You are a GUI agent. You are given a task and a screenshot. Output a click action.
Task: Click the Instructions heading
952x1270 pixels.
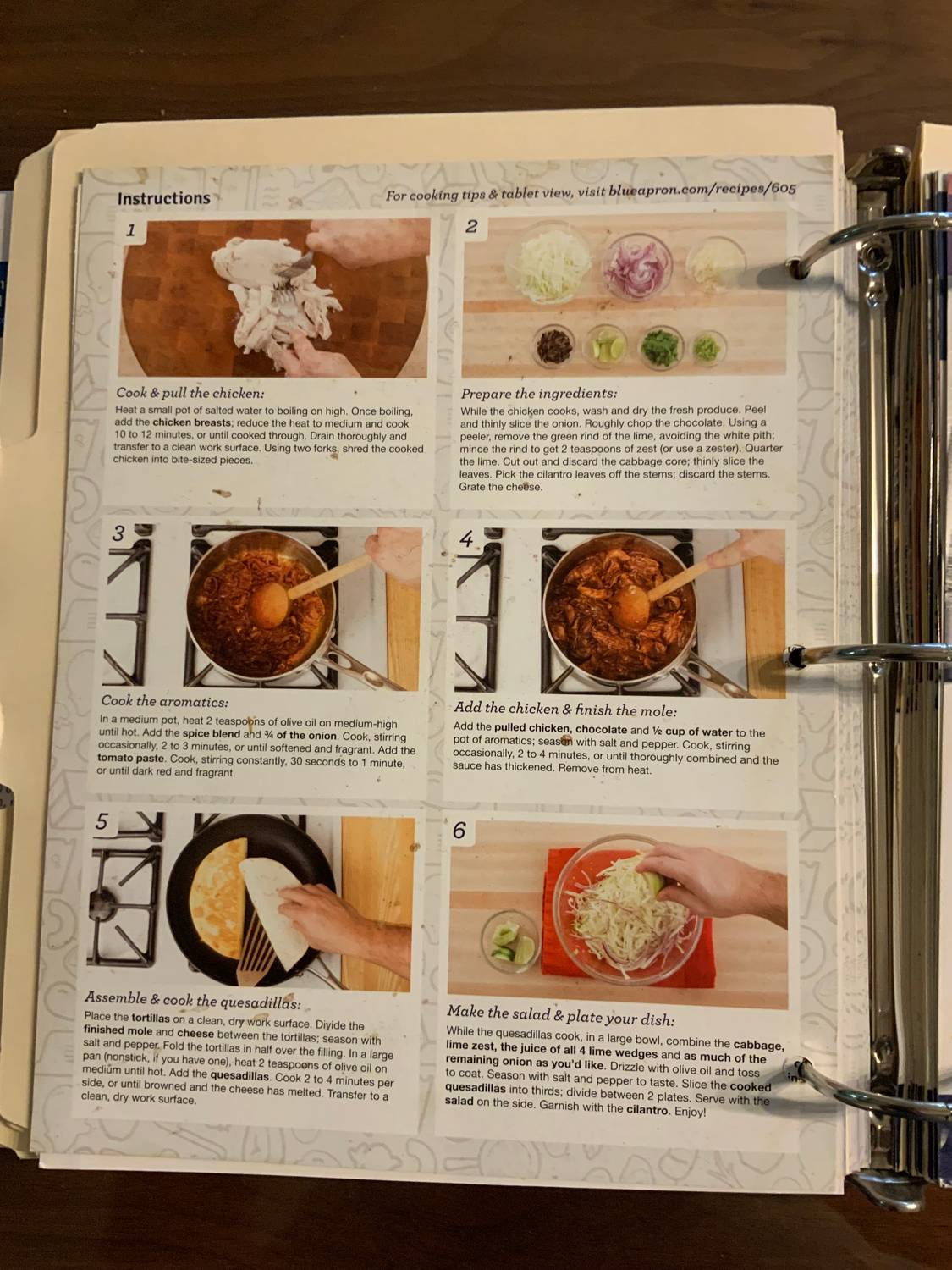pos(163,198)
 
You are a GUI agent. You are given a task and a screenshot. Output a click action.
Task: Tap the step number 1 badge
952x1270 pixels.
pos(130,229)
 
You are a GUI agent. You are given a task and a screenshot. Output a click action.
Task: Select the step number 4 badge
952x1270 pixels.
pos(466,539)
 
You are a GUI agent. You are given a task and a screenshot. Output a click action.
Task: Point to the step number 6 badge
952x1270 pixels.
pos(459,831)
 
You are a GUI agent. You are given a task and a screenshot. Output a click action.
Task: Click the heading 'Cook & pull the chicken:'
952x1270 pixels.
pos(190,393)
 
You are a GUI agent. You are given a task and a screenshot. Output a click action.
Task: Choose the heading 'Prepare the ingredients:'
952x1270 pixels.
pos(539,394)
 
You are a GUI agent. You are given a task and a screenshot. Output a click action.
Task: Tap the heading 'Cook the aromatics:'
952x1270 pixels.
pos(165,701)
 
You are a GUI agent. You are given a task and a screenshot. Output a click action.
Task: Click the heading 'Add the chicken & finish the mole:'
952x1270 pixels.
pos(565,710)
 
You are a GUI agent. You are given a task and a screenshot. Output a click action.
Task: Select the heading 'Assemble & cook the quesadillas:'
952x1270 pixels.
pos(192,1000)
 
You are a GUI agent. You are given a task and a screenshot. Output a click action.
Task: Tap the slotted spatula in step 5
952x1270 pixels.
pos(257,952)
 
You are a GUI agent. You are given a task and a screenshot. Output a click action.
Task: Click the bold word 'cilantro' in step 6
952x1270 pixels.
pos(647,1109)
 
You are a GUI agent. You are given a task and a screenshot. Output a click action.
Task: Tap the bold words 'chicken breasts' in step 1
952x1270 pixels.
pos(191,422)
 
